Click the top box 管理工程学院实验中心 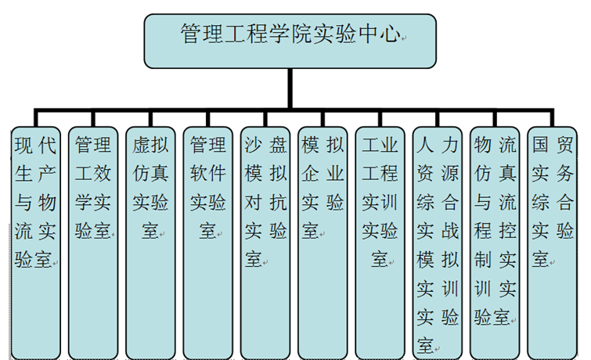click(290, 39)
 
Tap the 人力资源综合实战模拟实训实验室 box click(438, 235)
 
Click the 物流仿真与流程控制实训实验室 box click(496, 235)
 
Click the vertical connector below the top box click(290, 85)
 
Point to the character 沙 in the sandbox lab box click(252, 146)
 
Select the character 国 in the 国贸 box click(540, 146)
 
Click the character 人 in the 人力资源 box click(425, 146)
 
